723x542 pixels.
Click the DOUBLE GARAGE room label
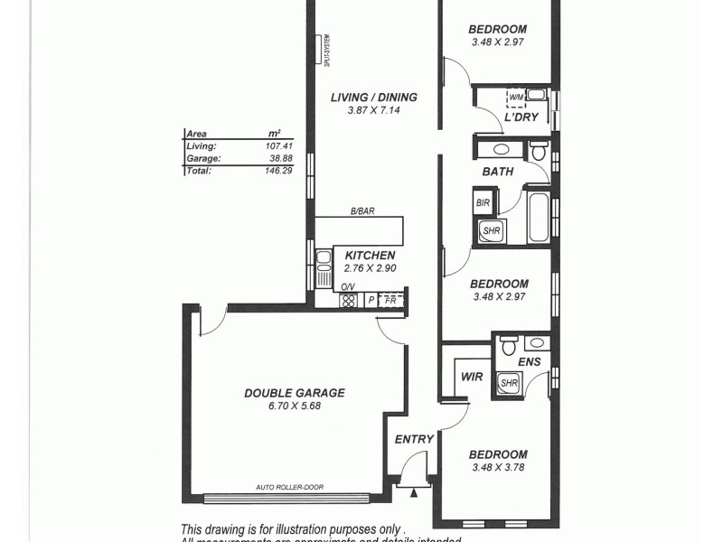pyautogui.click(x=295, y=393)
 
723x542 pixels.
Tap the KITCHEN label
pyautogui.click(x=370, y=256)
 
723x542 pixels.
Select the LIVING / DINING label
pyautogui.click(x=373, y=98)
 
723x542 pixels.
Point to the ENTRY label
pyautogui.click(x=415, y=439)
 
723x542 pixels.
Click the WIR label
pyautogui.click(x=472, y=376)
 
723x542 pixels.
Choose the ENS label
pyautogui.click(x=530, y=362)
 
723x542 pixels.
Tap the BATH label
pyautogui.click(x=498, y=171)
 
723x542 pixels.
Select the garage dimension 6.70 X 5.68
pyautogui.click(x=295, y=406)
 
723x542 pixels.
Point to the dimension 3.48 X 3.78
pyautogui.click(x=499, y=467)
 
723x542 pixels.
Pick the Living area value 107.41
pyautogui.click(x=277, y=145)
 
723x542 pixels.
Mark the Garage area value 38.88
pyautogui.click(x=280, y=157)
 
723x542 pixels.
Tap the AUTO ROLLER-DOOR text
pyautogui.click(x=289, y=488)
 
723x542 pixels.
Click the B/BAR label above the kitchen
pyautogui.click(x=362, y=212)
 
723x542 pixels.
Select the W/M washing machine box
pyautogui.click(x=515, y=97)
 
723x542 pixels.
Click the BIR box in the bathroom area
pyautogui.click(x=483, y=203)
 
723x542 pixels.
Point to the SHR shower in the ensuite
pyautogui.click(x=510, y=382)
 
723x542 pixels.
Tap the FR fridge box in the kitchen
pyautogui.click(x=391, y=299)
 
